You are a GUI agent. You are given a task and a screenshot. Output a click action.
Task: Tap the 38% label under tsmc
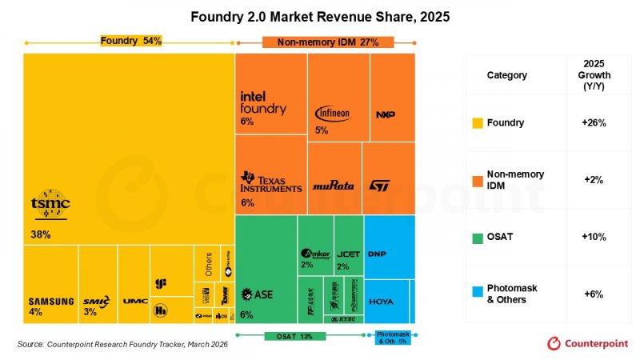[42, 234]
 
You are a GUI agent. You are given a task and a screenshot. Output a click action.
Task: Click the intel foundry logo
[263, 102]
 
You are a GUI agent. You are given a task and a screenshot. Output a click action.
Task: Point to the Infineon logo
[333, 114]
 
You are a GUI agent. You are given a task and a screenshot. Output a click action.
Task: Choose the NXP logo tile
[385, 114]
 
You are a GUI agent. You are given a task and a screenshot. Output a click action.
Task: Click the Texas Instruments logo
[271, 182]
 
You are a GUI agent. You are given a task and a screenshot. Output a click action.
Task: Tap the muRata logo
[332, 186]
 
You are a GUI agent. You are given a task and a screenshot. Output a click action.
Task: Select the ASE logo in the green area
[258, 294]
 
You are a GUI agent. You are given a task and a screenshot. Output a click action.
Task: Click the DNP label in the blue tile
[377, 254]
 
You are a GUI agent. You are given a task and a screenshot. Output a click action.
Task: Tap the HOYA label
[381, 302]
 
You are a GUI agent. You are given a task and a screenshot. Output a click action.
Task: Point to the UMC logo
[135, 302]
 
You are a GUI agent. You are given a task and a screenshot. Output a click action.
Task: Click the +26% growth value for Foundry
[594, 123]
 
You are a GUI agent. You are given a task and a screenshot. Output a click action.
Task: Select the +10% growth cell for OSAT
[594, 237]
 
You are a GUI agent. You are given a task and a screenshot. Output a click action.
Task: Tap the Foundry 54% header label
[130, 41]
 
